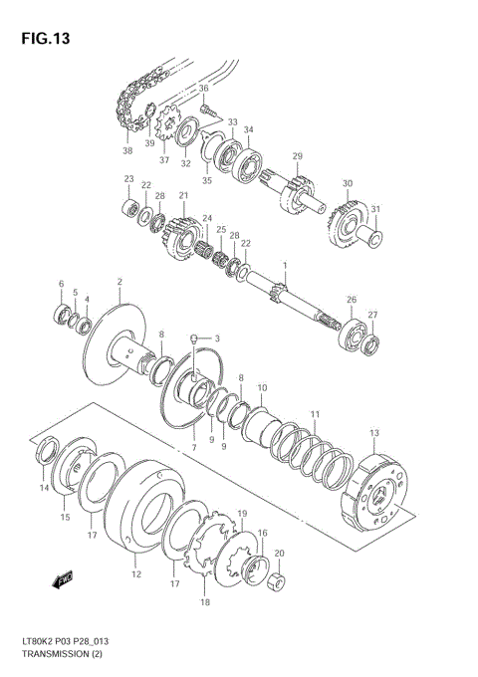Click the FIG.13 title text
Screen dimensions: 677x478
(x=41, y=39)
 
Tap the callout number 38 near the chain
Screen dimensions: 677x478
(x=127, y=151)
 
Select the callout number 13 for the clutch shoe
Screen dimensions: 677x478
(x=374, y=433)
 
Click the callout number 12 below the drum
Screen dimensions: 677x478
(x=136, y=574)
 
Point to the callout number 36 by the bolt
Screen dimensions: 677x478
(x=203, y=89)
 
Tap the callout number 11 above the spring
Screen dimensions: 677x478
(x=315, y=414)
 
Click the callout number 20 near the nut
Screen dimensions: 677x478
(x=279, y=554)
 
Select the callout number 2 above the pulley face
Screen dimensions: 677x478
(x=119, y=282)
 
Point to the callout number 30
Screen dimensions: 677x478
(x=348, y=184)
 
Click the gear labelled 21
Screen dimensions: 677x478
(x=183, y=233)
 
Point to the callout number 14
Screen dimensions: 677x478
(x=44, y=488)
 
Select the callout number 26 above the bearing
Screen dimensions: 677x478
(x=351, y=299)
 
